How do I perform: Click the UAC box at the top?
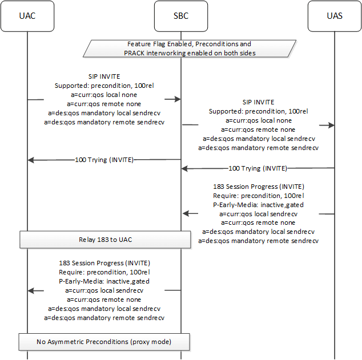(x=27, y=15)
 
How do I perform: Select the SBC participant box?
(x=180, y=15)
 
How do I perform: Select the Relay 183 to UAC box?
(x=105, y=239)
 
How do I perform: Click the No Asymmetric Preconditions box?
(x=105, y=342)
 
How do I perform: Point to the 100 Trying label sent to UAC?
(x=104, y=160)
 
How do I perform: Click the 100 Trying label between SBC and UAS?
(x=258, y=168)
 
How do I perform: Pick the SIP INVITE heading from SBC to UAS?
(x=258, y=103)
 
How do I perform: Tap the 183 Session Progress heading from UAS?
(x=258, y=187)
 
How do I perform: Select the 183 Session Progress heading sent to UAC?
(x=104, y=263)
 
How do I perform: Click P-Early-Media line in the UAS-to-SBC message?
(x=258, y=205)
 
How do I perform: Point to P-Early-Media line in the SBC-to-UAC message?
(x=104, y=281)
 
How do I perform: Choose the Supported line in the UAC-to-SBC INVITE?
(x=104, y=86)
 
